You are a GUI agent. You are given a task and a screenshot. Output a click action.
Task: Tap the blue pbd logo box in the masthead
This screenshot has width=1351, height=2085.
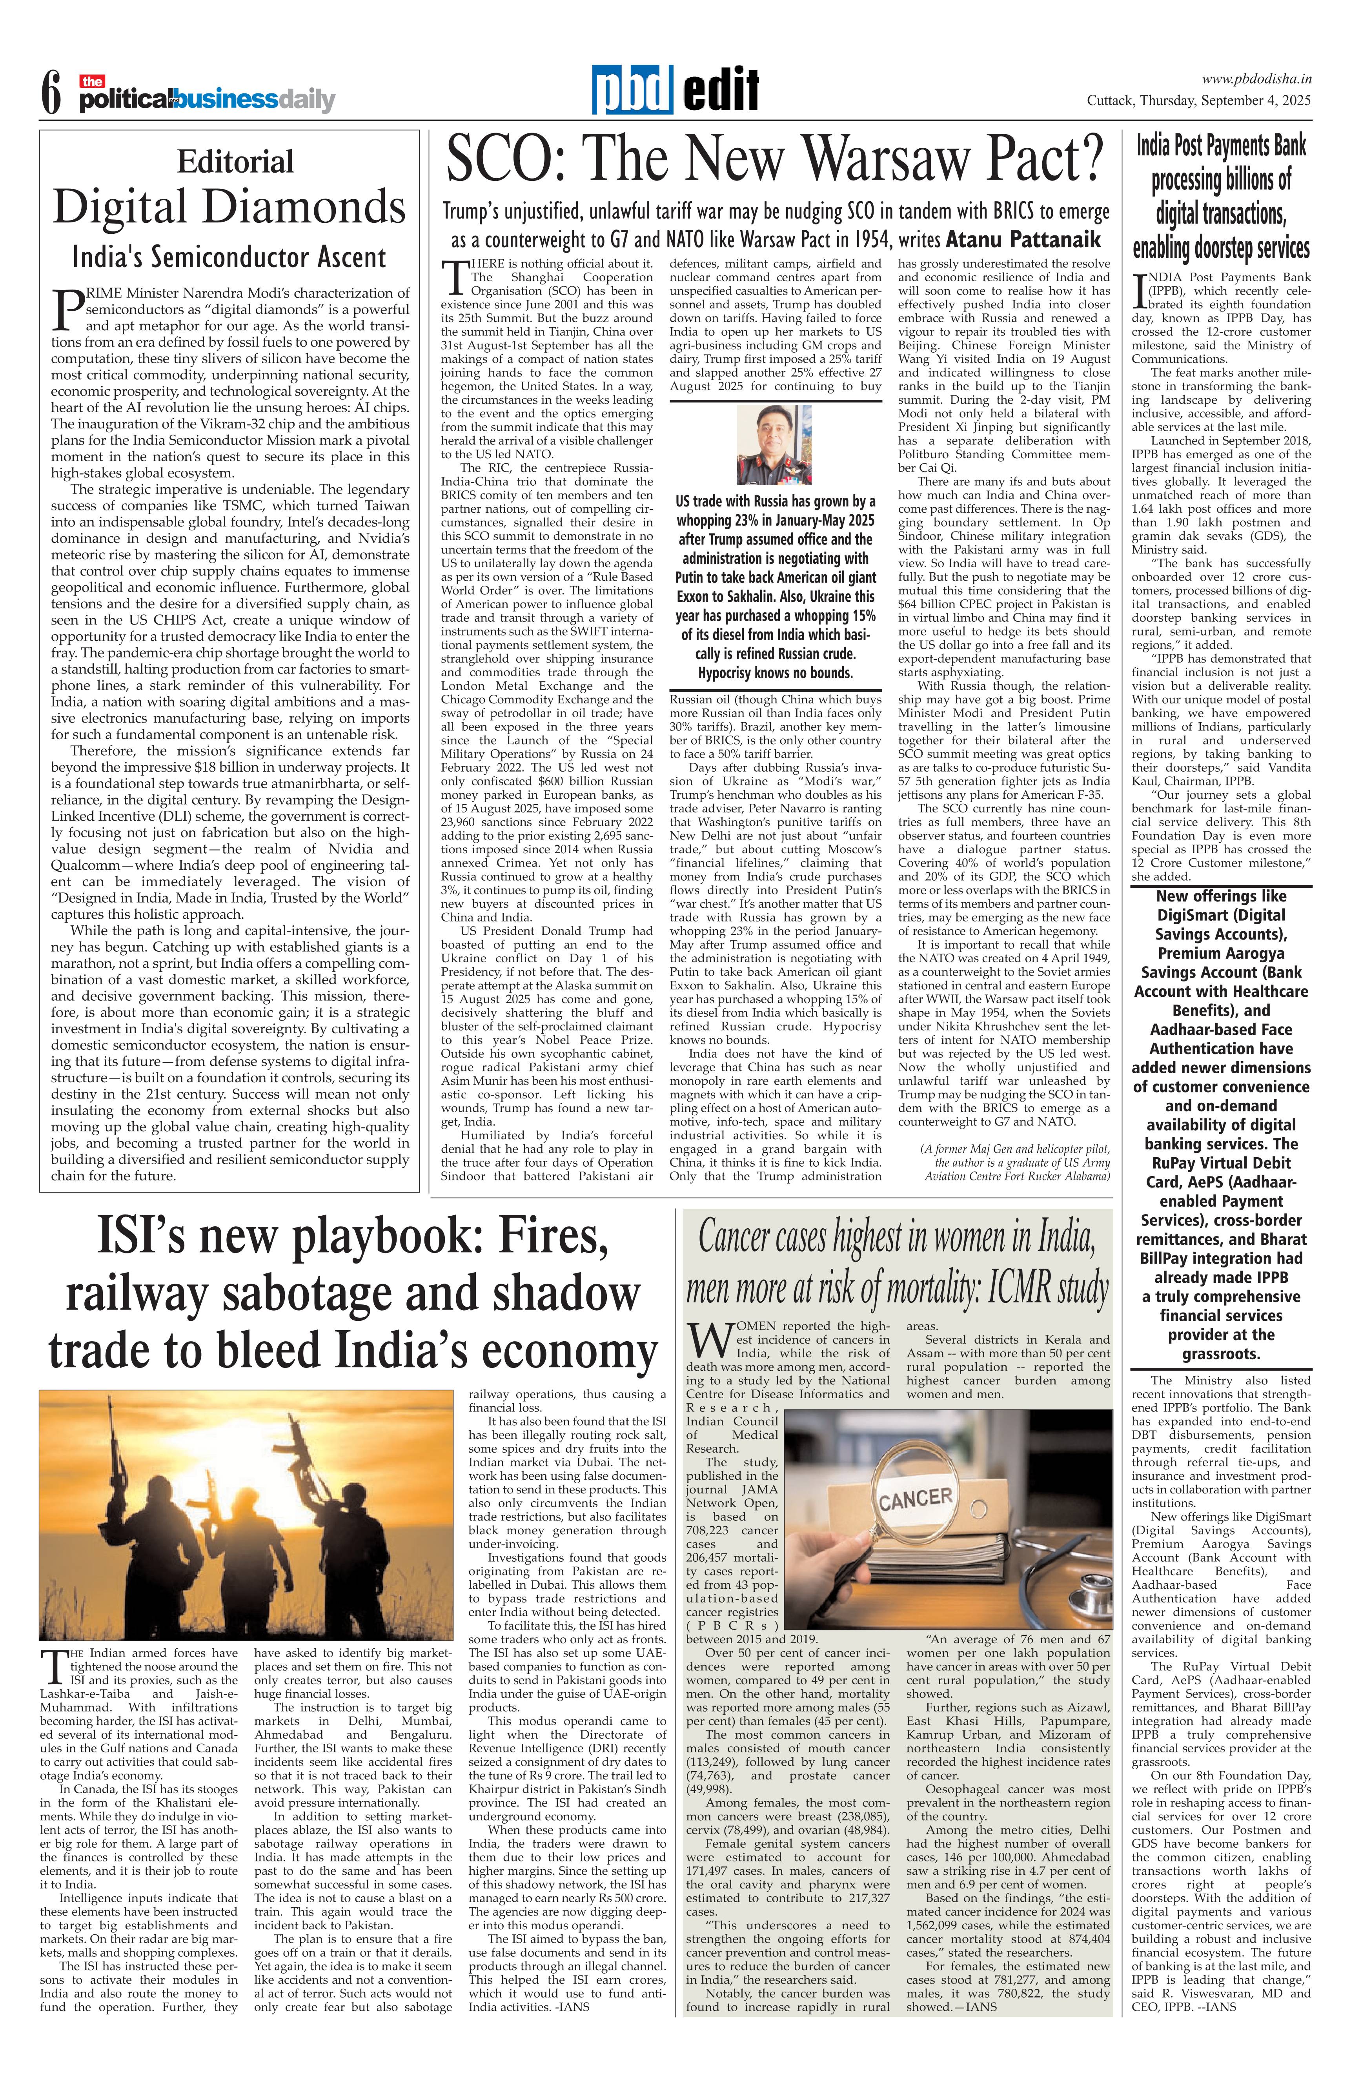tap(632, 90)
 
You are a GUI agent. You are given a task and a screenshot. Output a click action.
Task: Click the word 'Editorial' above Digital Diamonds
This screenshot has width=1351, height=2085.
tap(235, 162)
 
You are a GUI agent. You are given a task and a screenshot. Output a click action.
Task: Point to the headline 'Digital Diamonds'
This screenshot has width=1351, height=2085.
tap(229, 208)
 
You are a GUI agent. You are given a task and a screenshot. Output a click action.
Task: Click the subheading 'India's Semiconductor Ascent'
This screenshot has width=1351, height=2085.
tap(229, 258)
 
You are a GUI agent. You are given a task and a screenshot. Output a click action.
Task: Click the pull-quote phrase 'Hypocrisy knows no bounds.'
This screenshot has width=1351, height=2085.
tap(774, 673)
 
